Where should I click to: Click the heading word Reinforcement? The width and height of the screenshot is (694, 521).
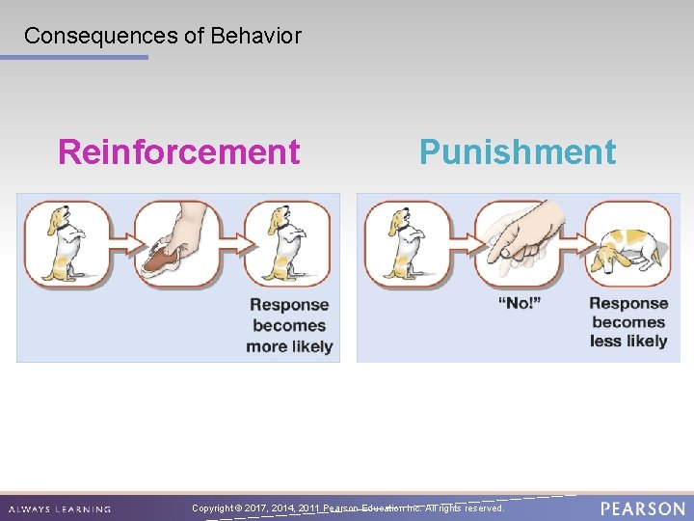point(178,152)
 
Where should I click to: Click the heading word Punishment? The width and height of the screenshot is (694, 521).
point(517,152)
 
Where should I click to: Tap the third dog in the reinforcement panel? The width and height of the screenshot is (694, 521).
point(285,241)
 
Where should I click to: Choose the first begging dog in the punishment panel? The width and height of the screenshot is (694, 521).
point(401,241)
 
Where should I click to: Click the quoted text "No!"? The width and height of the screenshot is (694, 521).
point(519,304)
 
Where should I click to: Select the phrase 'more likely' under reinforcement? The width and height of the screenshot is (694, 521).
point(289,346)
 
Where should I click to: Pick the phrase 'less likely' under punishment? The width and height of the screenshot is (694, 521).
point(628,341)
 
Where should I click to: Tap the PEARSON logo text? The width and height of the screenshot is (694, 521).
point(643,508)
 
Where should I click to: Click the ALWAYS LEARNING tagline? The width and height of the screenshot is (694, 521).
point(60,509)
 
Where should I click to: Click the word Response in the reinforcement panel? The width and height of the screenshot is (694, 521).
point(289,305)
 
